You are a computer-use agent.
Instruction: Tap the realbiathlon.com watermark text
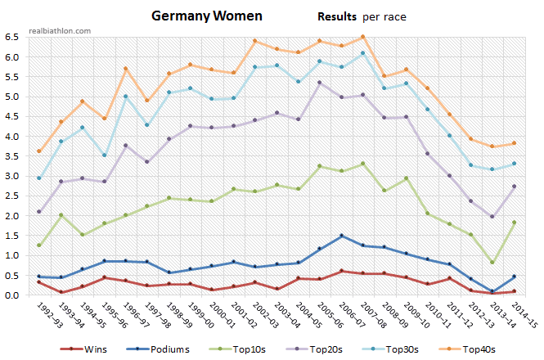[x=59, y=29]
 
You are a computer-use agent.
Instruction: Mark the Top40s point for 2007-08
[x=363, y=37]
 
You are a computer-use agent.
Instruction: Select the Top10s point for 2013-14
[x=491, y=262]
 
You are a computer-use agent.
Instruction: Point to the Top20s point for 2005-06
[x=320, y=83]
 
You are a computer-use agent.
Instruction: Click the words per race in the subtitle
[x=385, y=16]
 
